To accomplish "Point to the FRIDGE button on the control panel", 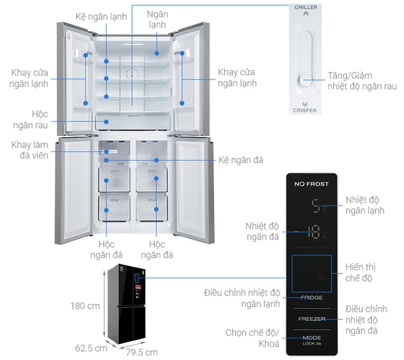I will [x=311, y=297].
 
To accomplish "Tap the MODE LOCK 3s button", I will [x=311, y=339].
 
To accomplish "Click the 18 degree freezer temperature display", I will [x=314, y=233].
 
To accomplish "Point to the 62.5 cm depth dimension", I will [x=91, y=348].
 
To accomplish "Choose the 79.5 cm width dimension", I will [x=141, y=352].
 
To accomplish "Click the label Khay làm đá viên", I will [x=30, y=151].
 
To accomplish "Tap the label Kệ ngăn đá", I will [x=240, y=160].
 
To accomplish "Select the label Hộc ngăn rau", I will [x=30, y=120].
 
